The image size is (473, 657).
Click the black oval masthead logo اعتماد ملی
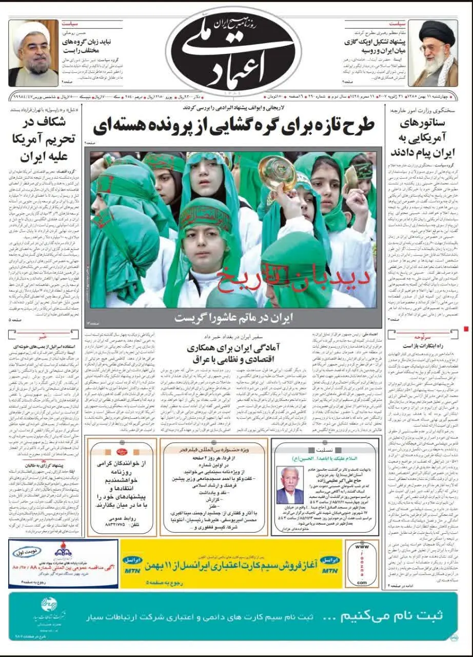point(236,51)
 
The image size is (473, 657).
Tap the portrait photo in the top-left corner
point(33,53)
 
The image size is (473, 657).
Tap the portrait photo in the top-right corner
point(436,53)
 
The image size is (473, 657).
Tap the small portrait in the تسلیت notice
point(289,485)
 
